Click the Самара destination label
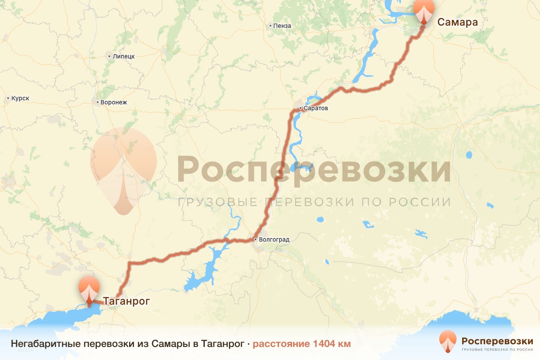pos(457,22)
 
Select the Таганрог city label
pos(126,301)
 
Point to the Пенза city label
pos(282,26)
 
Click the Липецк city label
pos(124,56)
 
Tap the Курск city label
pos(20,98)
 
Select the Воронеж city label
pos(114,102)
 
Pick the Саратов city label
pos(317,108)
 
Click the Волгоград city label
pos(274,239)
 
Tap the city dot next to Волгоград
pos(256,239)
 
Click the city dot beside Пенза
pos(270,26)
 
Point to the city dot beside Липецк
pos(109,56)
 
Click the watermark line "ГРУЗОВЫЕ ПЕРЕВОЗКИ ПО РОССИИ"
pos(314,202)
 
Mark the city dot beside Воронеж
pos(98,102)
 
